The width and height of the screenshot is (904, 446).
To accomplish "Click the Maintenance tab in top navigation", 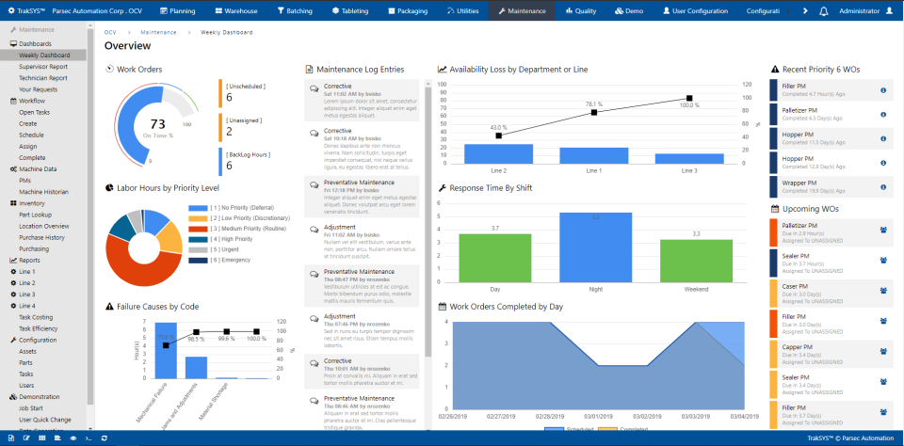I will coord(521,11).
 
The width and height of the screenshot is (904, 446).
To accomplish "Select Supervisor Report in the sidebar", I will coord(43,67).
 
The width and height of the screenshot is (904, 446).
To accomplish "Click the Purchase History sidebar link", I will coord(43,237).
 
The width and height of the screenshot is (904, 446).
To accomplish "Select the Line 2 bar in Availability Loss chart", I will coord(498,154).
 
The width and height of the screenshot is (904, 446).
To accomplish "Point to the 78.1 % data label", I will coord(593,104).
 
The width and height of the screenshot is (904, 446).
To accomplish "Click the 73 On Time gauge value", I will coord(158,124).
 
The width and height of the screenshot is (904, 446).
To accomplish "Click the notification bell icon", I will coord(824,11).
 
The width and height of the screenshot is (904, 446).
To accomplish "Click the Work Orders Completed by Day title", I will coord(506,306).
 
